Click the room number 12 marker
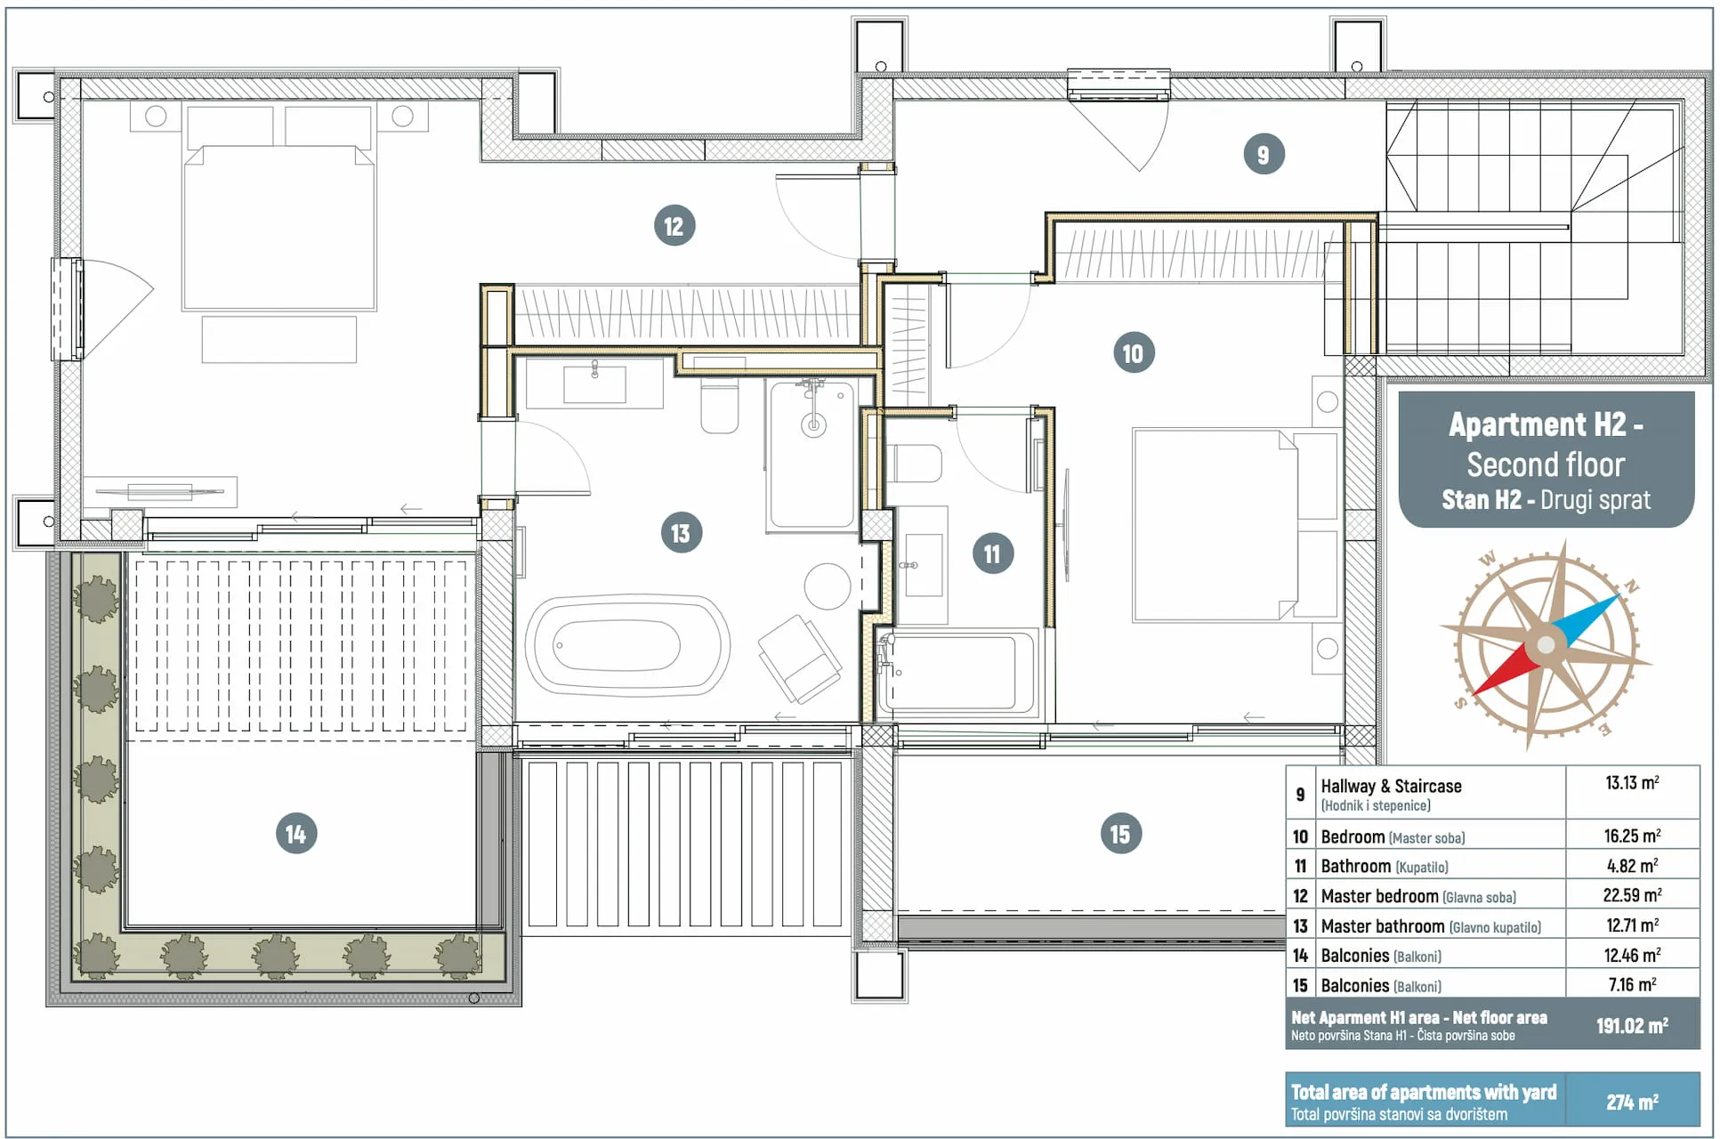point(674,226)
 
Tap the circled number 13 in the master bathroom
point(681,533)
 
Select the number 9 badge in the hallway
point(1264,154)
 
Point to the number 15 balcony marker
point(1120,834)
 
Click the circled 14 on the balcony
point(296,834)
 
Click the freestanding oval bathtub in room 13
point(627,645)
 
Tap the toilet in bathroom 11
point(917,463)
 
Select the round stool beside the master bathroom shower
point(828,586)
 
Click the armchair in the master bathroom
point(800,658)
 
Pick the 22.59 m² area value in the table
point(1632,895)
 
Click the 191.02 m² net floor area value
point(1632,1026)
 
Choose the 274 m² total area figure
point(1632,1103)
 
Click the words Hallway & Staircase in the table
point(1391,786)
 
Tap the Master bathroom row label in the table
point(1383,926)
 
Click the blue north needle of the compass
point(1585,619)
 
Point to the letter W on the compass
point(1488,560)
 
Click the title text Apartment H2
point(1546,424)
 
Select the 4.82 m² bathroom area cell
point(1632,866)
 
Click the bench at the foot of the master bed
point(279,339)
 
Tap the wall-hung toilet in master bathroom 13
point(720,407)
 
